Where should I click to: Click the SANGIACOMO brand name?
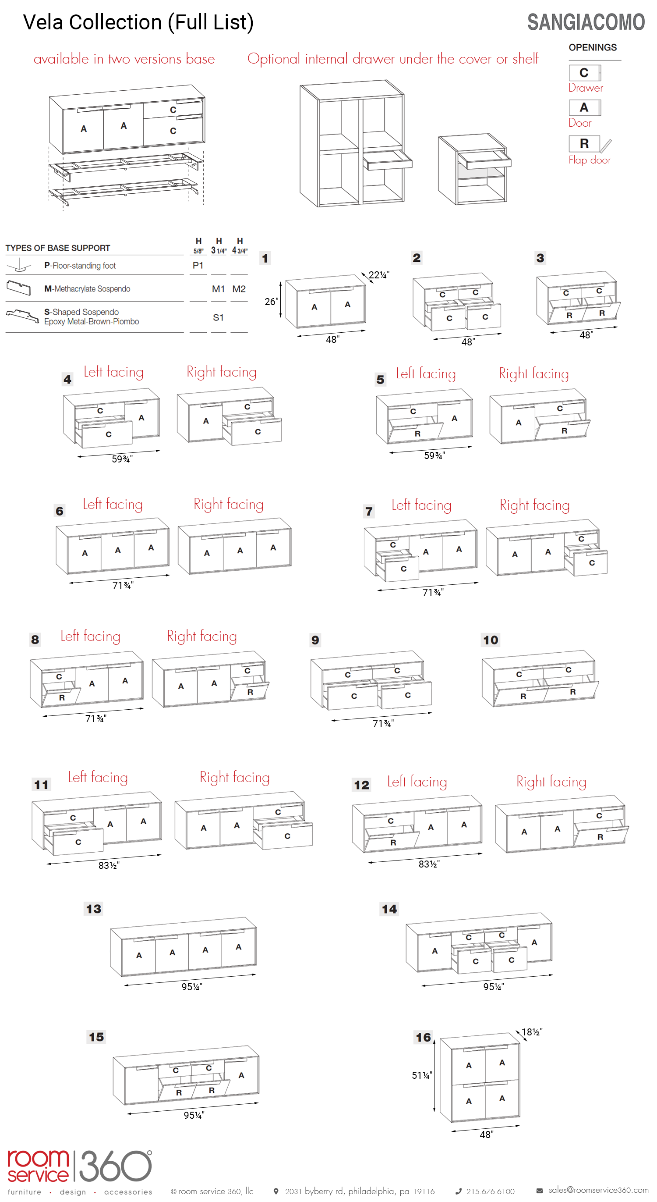click(x=586, y=22)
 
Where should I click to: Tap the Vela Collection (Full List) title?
click(x=138, y=22)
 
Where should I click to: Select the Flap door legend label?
click(x=590, y=160)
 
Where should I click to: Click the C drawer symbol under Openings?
click(x=584, y=73)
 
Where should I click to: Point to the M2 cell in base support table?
click(x=239, y=289)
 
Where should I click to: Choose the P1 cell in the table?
click(x=198, y=266)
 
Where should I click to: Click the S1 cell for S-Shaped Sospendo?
click(x=218, y=317)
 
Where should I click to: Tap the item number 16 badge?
click(x=424, y=1037)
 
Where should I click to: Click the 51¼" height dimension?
click(x=421, y=1075)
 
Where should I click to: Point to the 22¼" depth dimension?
click(x=378, y=275)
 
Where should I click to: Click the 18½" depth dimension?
click(x=532, y=1031)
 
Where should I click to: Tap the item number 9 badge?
click(x=315, y=640)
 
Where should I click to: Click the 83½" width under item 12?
click(x=429, y=864)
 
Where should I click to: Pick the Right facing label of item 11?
click(x=234, y=777)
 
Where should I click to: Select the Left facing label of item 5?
click(x=426, y=373)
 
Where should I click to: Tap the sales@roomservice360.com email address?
click(x=598, y=1190)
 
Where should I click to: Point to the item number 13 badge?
click(x=93, y=908)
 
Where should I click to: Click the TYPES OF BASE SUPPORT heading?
click(x=58, y=248)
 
